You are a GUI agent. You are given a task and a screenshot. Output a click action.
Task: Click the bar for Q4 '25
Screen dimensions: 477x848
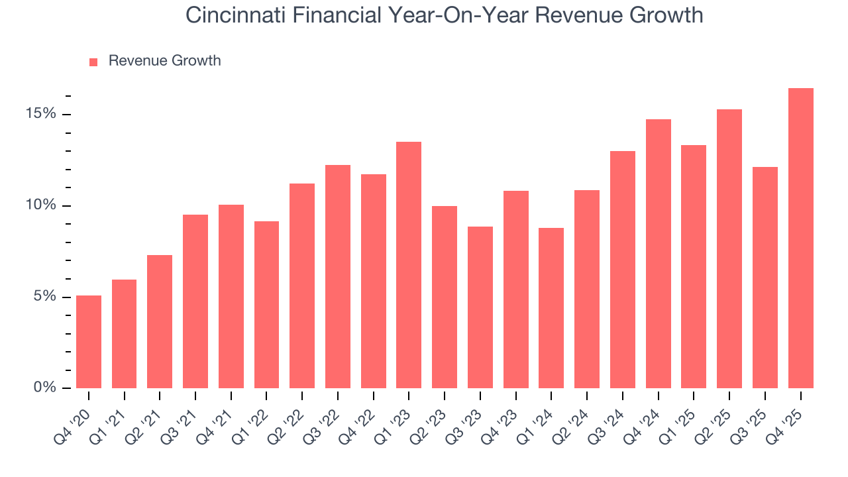pos(800,238)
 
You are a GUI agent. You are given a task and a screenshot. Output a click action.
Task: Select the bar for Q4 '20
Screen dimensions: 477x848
pos(89,342)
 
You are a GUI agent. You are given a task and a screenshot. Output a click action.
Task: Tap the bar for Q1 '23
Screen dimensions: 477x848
pos(409,265)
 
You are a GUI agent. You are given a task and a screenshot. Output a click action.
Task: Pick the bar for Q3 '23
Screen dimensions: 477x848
pos(480,307)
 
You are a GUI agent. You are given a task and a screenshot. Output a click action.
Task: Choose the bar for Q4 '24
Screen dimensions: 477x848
pos(658,254)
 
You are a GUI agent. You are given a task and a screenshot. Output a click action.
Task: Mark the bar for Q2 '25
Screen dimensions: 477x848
pos(729,248)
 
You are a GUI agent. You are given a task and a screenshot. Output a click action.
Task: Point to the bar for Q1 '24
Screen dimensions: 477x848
pos(551,308)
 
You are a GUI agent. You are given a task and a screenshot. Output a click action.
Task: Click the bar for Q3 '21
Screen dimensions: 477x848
pos(195,301)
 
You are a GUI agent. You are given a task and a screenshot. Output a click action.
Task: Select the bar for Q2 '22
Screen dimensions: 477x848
pos(302,286)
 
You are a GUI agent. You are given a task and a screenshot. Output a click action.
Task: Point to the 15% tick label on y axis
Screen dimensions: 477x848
pos(41,114)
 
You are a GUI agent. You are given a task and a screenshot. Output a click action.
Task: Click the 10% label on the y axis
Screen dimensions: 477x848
pos(41,205)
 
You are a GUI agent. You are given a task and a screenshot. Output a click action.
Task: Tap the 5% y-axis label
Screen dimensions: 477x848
pos(45,297)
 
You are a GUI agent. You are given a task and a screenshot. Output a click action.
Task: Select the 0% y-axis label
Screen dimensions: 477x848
pos(45,388)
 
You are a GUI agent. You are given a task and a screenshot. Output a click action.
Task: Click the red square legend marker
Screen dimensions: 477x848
pos(93,62)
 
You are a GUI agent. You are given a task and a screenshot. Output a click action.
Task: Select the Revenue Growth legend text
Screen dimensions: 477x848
pos(164,61)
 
